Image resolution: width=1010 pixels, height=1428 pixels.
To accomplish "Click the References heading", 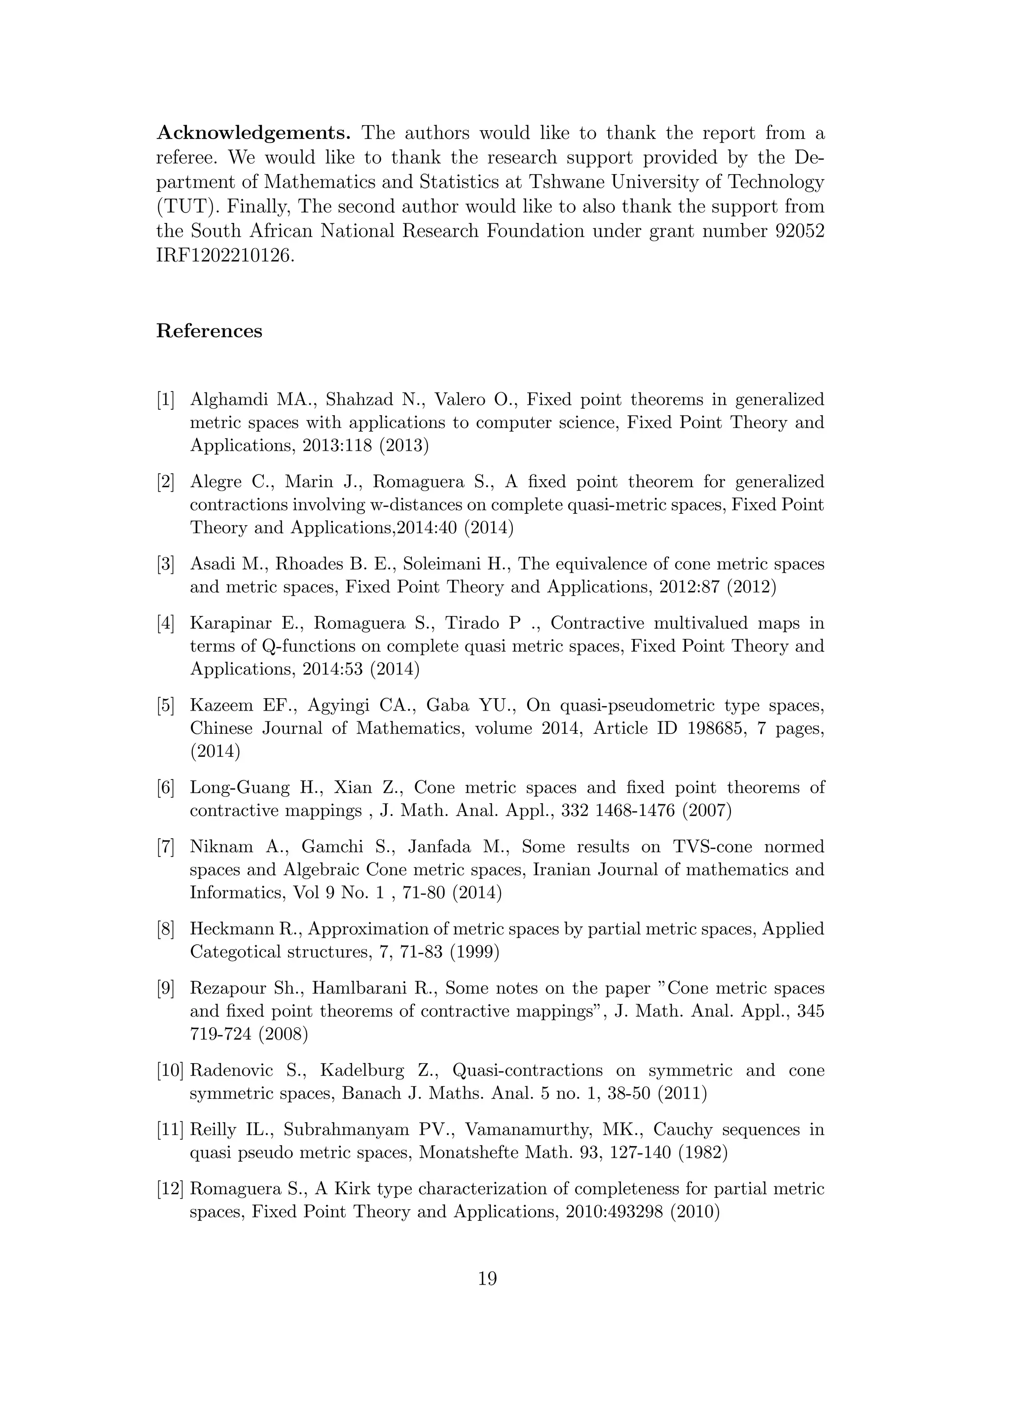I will pos(209,331).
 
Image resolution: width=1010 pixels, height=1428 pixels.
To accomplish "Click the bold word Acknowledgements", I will pos(254,134).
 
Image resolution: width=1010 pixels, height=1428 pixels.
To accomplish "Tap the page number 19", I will pos(488,1279).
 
